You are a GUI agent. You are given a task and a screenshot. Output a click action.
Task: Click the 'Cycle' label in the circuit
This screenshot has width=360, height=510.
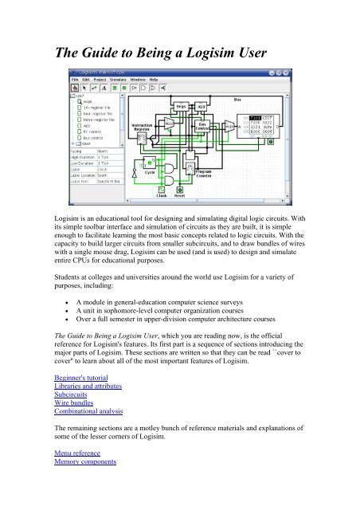tap(149, 171)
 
